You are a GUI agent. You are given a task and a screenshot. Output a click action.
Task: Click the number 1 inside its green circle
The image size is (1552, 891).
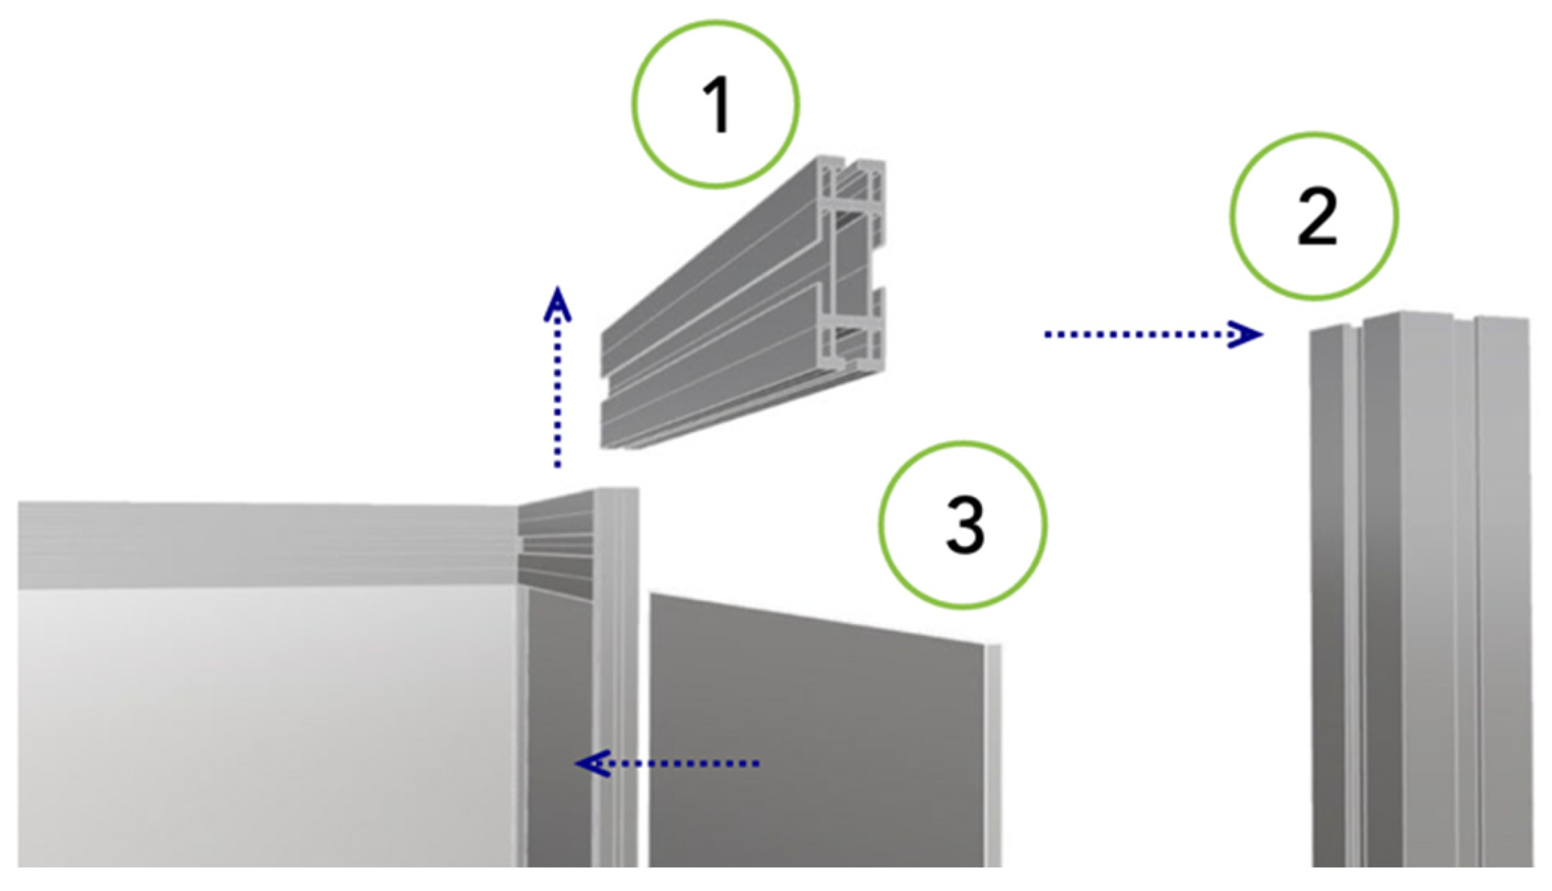(718, 105)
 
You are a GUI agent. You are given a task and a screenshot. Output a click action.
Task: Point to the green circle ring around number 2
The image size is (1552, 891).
(1232, 216)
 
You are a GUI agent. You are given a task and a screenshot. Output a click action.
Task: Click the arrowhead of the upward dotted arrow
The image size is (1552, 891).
(557, 304)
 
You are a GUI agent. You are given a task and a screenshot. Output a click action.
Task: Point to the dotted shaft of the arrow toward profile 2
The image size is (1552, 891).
(1139, 334)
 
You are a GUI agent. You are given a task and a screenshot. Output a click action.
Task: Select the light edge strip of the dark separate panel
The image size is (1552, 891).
(992, 755)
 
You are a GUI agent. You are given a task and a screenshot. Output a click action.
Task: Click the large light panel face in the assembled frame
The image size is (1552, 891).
(267, 727)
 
